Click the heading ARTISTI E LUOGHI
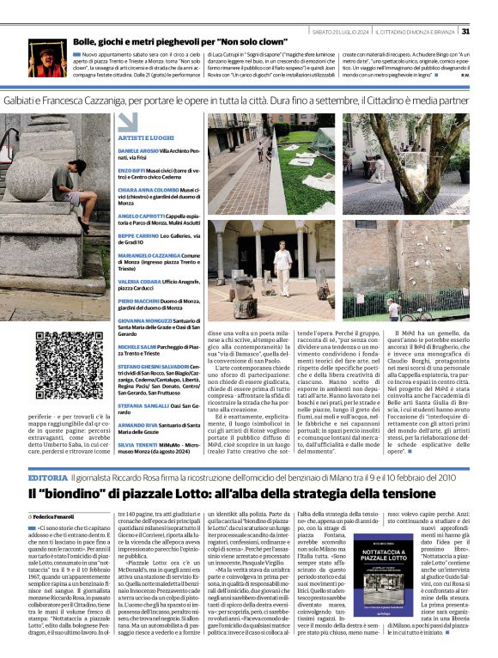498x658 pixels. coord(148,138)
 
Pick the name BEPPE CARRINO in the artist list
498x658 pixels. coord(137,235)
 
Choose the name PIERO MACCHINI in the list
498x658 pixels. coord(137,302)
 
